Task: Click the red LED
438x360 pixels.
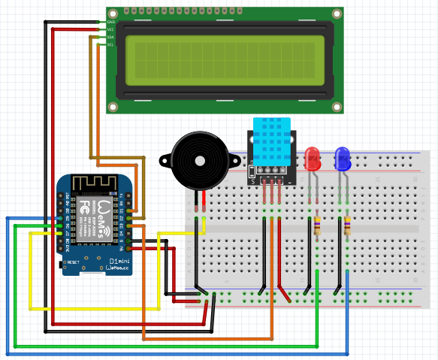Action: click(313, 159)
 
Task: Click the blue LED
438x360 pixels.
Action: click(343, 159)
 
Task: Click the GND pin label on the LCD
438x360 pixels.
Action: click(110, 23)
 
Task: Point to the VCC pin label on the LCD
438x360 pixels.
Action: click(110, 29)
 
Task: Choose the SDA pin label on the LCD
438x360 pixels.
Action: click(110, 37)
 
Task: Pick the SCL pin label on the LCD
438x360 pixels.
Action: click(110, 44)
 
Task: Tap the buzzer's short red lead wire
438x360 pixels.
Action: click(204, 201)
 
